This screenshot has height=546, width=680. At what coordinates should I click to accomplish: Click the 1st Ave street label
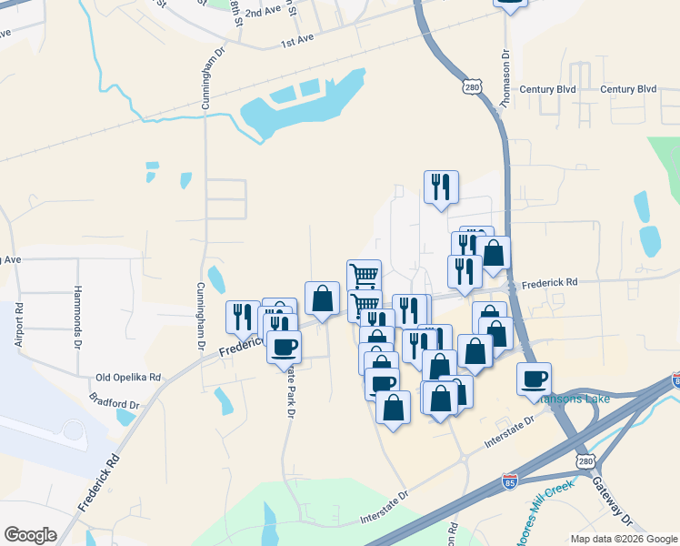[296, 42]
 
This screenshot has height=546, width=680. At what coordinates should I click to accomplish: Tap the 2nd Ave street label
[263, 12]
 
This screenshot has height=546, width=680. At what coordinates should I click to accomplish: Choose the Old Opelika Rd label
[128, 377]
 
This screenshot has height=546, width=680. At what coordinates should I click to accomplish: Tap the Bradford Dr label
[114, 399]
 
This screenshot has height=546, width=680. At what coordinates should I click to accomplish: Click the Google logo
[30, 535]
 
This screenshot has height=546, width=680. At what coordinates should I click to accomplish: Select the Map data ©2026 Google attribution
[624, 539]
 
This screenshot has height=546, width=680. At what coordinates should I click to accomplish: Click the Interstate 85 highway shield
[510, 480]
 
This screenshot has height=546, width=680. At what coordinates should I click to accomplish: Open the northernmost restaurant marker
[441, 187]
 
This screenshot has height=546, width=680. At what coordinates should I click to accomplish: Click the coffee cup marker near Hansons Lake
[535, 379]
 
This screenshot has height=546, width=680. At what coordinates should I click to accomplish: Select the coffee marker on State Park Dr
[284, 347]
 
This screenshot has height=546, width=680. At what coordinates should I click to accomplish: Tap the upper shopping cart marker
[364, 275]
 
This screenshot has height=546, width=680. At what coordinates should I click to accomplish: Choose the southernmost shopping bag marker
[394, 408]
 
